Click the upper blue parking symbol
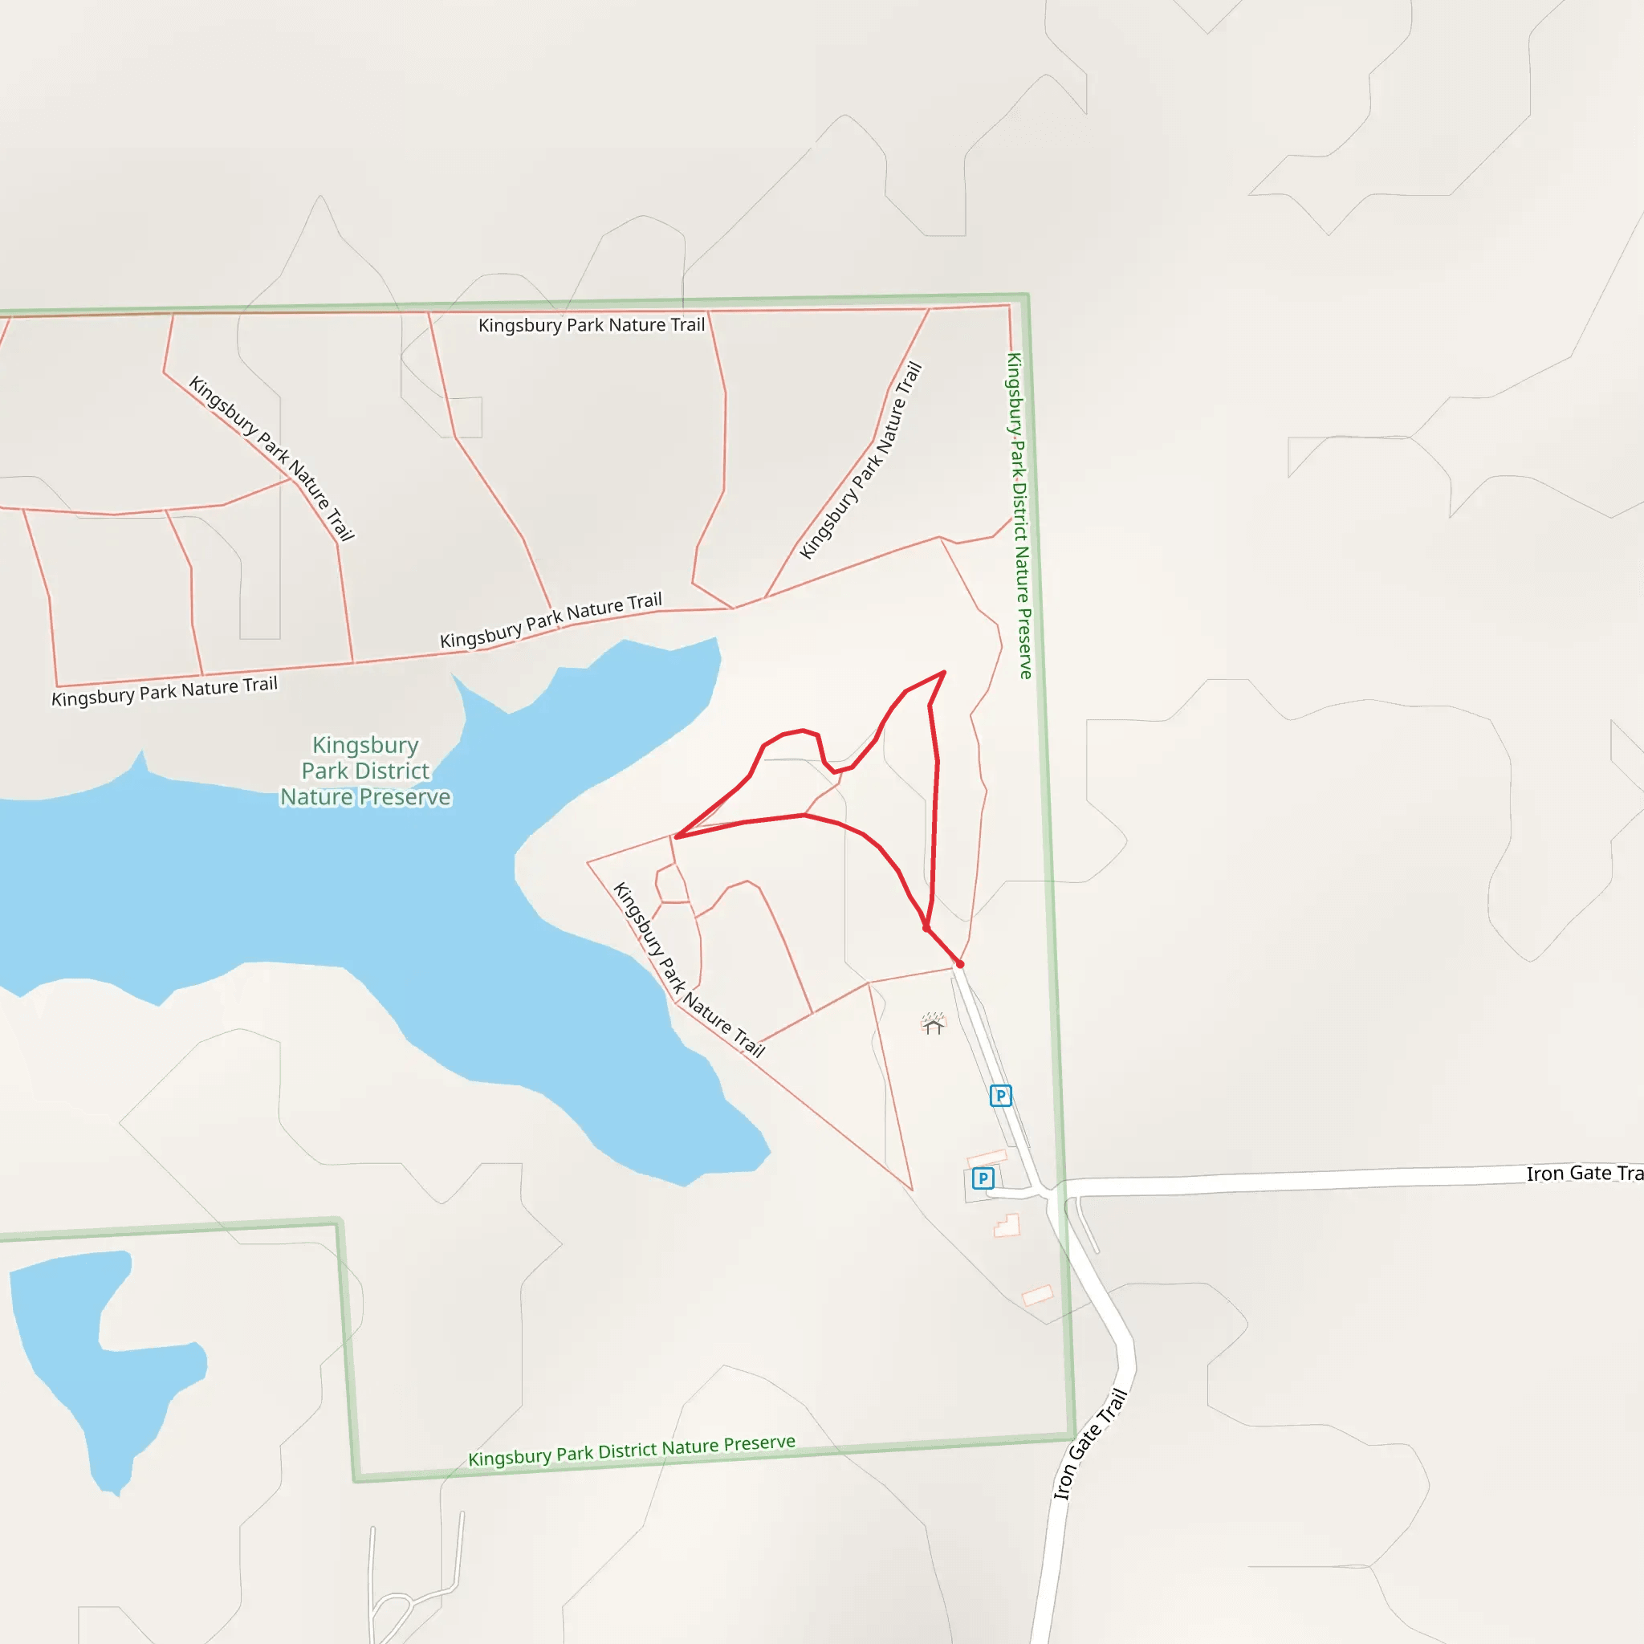1001,1095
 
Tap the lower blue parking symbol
983,1178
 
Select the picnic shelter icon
934,1023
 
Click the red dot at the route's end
960,964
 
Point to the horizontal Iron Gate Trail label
1583,1174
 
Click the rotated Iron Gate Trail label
1090,1444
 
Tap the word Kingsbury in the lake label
365,745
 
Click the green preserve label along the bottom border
632,1450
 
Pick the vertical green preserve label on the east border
1019,515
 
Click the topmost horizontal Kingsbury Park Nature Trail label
592,325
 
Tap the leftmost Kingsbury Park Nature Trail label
165,691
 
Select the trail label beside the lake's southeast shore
689,970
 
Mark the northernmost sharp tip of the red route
945,672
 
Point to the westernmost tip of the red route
677,837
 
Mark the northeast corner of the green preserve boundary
1027,295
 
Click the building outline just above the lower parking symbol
987,1158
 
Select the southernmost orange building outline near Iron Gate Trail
1037,1295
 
